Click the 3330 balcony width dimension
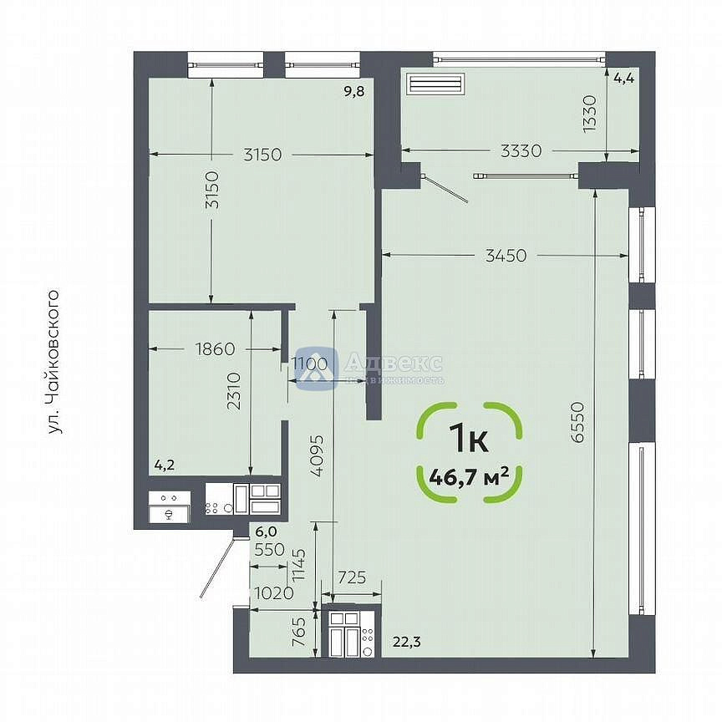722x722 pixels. (521, 150)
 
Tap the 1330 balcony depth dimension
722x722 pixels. (589, 114)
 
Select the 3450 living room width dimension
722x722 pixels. (506, 255)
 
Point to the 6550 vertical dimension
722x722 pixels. (577, 422)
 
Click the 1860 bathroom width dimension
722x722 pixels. (215, 349)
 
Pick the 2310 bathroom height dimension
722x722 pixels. (234, 391)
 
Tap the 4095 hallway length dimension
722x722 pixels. (317, 456)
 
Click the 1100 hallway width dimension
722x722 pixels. (310, 364)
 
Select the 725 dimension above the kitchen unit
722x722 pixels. (353, 577)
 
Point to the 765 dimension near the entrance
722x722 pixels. (299, 633)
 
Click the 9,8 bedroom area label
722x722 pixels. (354, 92)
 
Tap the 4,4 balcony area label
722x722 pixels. (624, 79)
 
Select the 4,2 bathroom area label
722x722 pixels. (165, 465)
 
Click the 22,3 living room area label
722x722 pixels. (407, 642)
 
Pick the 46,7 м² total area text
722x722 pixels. (469, 477)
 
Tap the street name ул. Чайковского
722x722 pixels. (54, 362)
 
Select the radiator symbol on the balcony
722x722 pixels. (435, 84)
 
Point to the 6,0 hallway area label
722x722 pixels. (266, 531)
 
